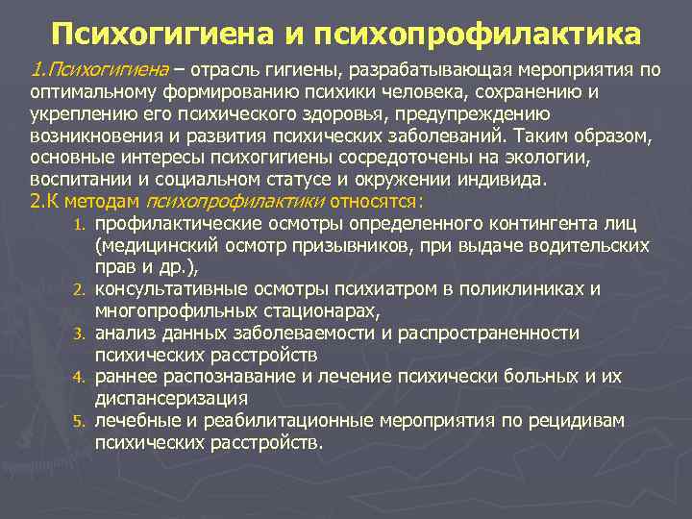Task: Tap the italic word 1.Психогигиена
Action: pos(95,70)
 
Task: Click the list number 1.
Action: pos(81,225)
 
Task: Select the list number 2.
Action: pos(81,289)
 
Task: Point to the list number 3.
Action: pos(81,334)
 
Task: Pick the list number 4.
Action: pos(81,377)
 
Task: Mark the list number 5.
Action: pos(81,421)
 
